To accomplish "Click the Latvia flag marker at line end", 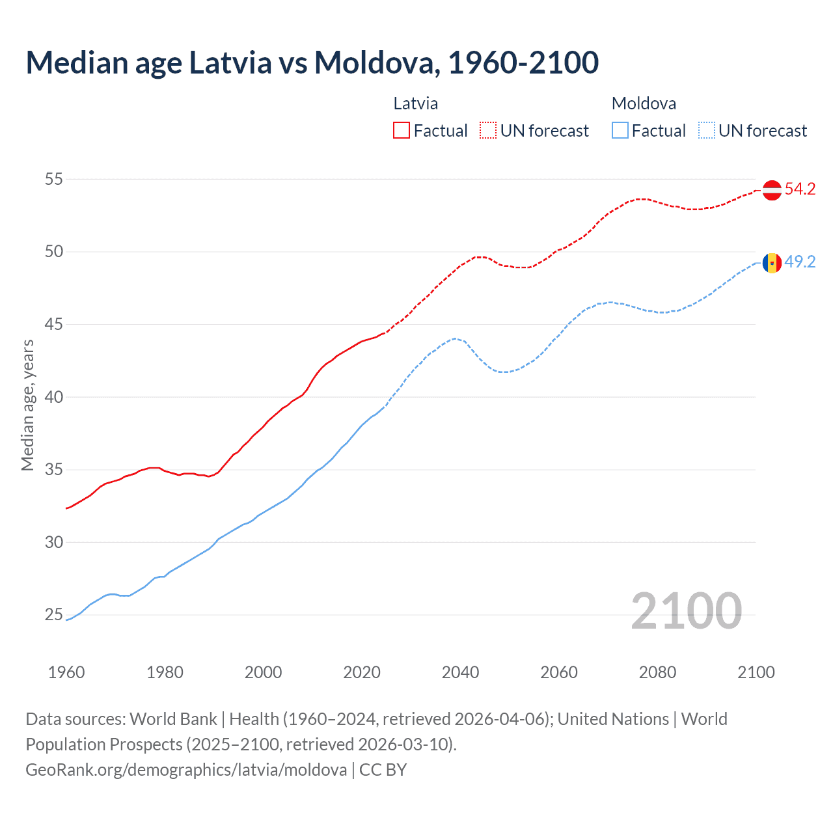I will click(772, 190).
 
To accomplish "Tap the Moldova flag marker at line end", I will click(772, 263).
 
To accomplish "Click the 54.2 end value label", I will click(800, 189).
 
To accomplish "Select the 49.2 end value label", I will click(800, 262).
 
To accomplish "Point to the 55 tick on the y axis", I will click(53, 179).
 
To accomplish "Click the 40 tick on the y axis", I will click(53, 397).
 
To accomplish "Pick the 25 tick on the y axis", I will click(53, 615).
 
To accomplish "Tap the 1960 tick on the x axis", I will click(66, 672).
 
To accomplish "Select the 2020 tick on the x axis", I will click(362, 672).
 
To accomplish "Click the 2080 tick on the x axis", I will click(657, 672).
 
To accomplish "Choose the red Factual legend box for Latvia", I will click(402, 131).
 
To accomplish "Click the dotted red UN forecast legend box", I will click(488, 131).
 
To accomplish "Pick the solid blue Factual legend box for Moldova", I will click(620, 131).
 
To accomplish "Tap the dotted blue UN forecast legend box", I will click(707, 131).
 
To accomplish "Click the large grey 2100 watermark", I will click(686, 610).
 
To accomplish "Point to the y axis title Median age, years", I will click(27, 405).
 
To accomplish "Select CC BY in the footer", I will click(383, 770).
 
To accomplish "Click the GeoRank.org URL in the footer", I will click(186, 770).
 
